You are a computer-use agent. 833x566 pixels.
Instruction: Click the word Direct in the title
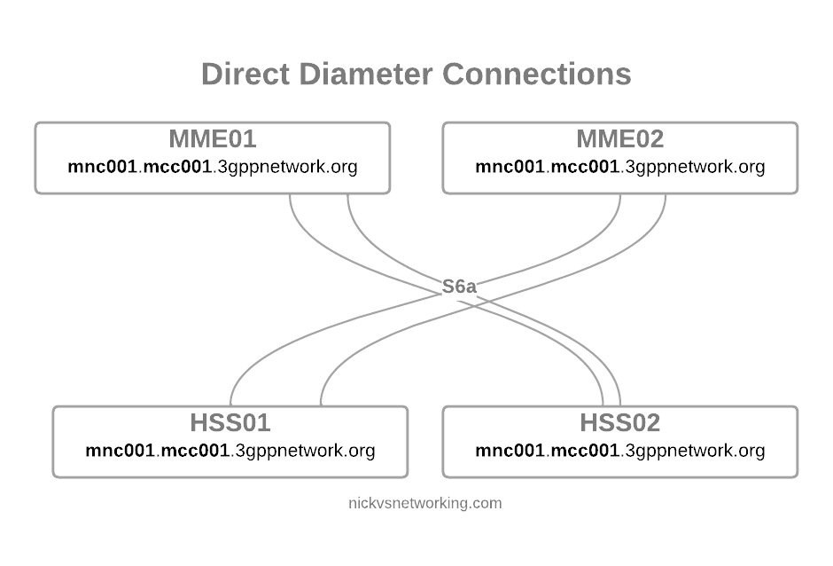click(x=245, y=74)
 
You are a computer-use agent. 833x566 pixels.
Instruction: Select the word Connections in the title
click(x=537, y=74)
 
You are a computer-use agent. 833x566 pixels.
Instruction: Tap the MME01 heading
click(x=213, y=139)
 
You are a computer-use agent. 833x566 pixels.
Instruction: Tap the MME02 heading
click(x=620, y=139)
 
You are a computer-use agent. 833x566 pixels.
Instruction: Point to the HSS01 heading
click(x=230, y=423)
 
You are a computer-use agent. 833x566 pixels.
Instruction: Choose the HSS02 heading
click(x=620, y=423)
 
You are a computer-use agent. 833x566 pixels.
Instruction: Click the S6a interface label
click(x=459, y=287)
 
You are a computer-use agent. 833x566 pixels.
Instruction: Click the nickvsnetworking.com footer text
click(x=425, y=503)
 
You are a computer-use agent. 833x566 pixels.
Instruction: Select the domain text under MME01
click(x=213, y=167)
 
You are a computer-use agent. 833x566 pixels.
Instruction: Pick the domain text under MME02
click(x=620, y=167)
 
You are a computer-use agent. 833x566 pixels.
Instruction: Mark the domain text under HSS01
click(x=230, y=451)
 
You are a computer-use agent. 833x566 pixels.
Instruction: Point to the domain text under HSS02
click(x=620, y=451)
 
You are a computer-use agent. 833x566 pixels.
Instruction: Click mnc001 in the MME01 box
click(x=103, y=167)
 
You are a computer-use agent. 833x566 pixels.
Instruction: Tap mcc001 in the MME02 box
click(x=585, y=167)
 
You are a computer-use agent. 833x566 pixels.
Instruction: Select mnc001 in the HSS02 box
click(x=510, y=451)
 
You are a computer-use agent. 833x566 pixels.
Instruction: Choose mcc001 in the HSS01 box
click(x=195, y=451)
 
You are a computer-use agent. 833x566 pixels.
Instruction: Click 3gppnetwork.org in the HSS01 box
click(x=305, y=452)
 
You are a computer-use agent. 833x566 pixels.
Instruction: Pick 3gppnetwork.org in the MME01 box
click(x=287, y=168)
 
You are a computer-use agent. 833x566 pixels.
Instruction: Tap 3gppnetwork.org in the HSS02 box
click(x=695, y=452)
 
